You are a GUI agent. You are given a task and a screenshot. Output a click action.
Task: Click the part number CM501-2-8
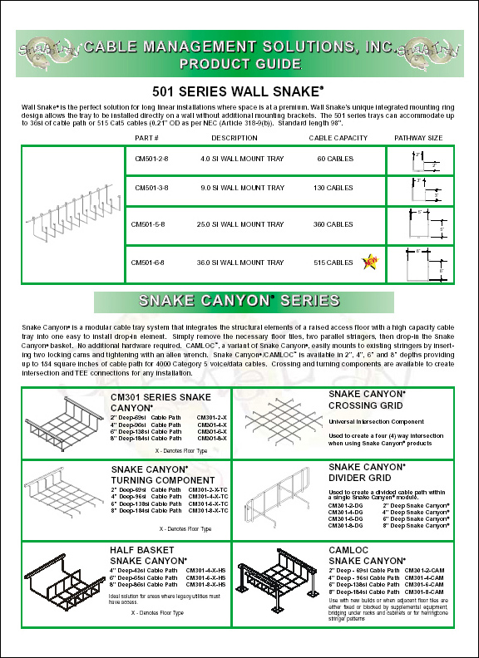[x=151, y=156]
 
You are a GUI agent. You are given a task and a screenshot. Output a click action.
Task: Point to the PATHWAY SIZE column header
[x=418, y=138]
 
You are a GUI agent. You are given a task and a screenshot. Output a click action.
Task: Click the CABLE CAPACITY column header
[x=338, y=138]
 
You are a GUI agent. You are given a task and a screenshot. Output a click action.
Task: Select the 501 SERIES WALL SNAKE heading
[x=239, y=91]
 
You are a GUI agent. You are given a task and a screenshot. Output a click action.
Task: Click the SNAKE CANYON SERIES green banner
[x=239, y=300]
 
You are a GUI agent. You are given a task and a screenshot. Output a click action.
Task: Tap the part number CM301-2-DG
[x=345, y=505]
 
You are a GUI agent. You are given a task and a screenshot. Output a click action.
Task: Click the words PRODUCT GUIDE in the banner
[x=239, y=63]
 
